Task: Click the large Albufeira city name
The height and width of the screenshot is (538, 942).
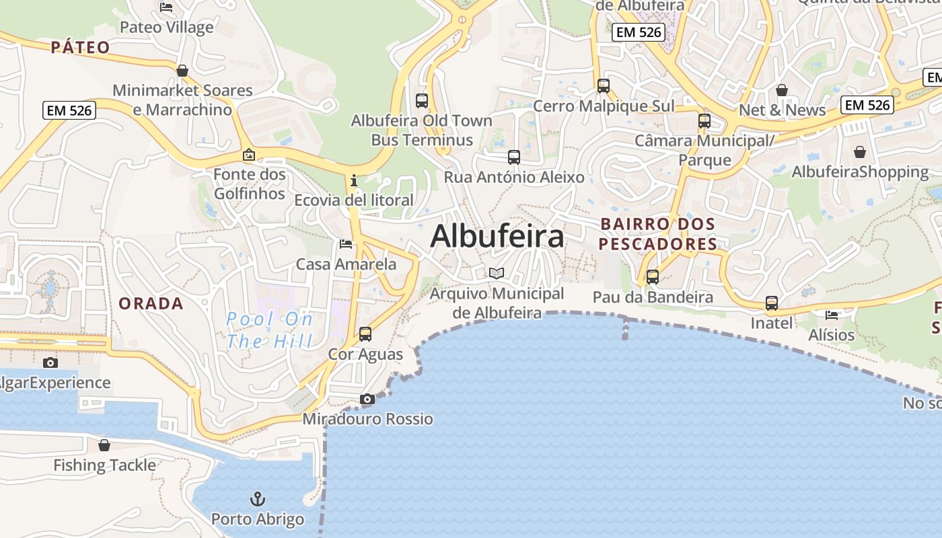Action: pos(497,236)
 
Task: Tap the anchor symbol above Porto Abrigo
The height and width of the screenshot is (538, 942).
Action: pos(258,499)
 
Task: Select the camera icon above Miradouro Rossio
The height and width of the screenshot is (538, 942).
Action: pos(367,399)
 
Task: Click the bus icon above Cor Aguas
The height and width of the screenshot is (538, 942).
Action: pos(365,334)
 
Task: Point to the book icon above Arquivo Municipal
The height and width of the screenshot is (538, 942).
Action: pos(497,273)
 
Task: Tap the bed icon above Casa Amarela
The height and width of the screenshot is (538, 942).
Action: pos(346,243)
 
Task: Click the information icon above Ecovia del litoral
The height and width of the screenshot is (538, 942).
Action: pos(354,180)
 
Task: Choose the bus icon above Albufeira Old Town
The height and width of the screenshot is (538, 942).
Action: pos(422,101)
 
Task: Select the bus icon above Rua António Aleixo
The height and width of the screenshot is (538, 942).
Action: pos(514,157)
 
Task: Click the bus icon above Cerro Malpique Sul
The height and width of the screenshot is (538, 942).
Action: pos(604,86)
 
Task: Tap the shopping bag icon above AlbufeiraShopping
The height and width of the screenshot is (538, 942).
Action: pos(859,152)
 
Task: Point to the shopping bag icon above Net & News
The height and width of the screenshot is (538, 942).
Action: pos(782,90)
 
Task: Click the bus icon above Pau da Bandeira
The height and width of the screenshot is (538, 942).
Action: pos(652,276)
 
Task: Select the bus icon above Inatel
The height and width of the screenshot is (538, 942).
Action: pos(772,303)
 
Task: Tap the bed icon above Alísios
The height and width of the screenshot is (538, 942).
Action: pos(832,315)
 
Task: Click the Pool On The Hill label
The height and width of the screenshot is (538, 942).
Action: pos(270,330)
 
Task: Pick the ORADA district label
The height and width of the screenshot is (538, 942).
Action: pos(151,303)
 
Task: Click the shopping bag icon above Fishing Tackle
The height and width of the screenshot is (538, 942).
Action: pos(104,445)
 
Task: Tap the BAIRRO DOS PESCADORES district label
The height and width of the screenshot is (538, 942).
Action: pos(658,233)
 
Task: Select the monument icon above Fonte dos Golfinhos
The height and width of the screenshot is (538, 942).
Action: pos(249,155)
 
